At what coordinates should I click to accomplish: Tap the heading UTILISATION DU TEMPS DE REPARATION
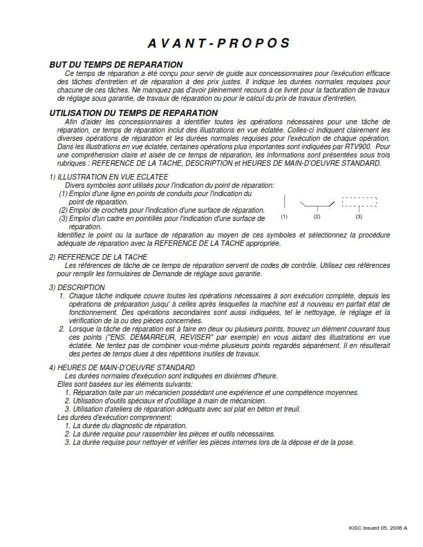(133, 113)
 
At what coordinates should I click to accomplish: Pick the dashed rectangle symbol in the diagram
(359, 202)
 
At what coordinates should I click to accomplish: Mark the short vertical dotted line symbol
(284, 202)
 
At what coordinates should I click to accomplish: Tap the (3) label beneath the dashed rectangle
(359, 217)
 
